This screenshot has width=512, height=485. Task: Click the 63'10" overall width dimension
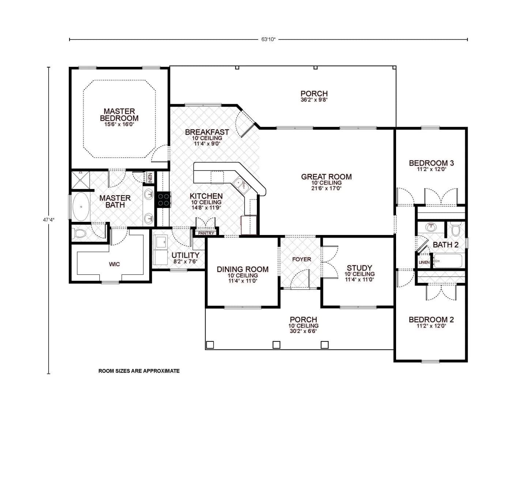[268, 39]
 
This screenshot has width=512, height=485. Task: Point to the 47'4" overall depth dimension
[49, 220]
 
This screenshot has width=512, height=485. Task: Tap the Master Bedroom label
[119, 114]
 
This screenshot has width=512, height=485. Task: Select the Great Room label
[326, 177]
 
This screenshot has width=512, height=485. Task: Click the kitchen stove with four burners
[163, 200]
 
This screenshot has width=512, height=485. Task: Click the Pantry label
[206, 233]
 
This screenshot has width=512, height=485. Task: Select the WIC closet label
[114, 264]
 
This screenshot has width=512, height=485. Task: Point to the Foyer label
[301, 259]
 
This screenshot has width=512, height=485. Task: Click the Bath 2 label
[445, 245]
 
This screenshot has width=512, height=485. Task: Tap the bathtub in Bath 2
[448, 261]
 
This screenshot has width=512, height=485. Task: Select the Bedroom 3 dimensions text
[431, 169]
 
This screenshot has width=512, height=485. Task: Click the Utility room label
[185, 255]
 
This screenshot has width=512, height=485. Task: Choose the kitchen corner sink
[241, 186]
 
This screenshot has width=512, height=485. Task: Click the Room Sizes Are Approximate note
[139, 371]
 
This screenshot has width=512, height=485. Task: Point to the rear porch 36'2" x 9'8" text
[314, 100]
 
